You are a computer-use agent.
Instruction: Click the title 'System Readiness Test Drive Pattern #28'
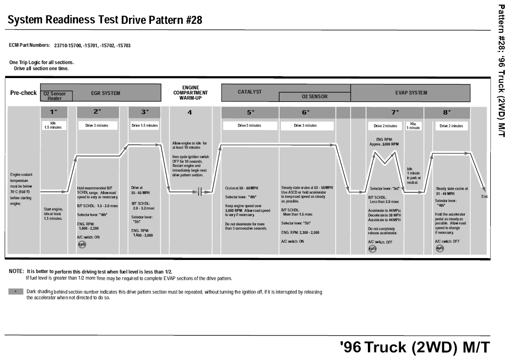click(105, 21)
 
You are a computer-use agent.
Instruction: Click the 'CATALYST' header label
click(250, 91)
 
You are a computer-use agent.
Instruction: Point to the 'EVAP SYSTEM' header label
click(411, 93)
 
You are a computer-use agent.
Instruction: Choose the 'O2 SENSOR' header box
click(315, 97)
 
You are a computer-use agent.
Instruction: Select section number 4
click(190, 112)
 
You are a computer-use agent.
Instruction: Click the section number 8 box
click(447, 112)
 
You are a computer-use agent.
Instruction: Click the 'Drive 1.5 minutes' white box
click(145, 125)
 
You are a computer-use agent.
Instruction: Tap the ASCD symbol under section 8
click(440, 248)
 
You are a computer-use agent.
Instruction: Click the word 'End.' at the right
click(485, 197)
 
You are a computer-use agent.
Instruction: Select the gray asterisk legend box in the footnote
click(16, 291)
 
